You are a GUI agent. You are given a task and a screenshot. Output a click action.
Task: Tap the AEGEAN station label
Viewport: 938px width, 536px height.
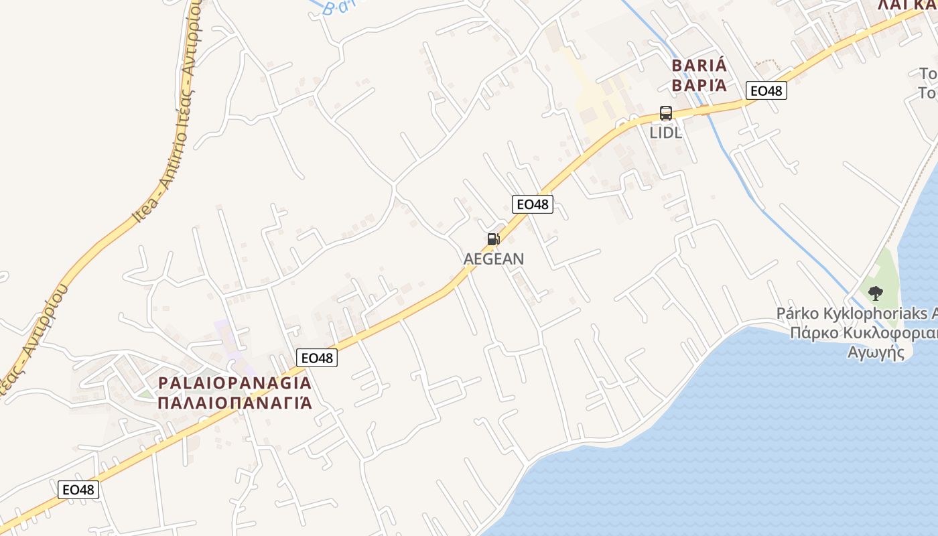click(494, 259)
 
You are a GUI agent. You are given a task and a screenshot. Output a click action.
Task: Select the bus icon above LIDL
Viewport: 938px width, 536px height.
click(665, 113)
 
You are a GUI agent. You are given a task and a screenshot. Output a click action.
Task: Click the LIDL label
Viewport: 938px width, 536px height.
click(665, 133)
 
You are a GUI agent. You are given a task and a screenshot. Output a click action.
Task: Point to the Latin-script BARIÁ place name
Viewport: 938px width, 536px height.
click(699, 66)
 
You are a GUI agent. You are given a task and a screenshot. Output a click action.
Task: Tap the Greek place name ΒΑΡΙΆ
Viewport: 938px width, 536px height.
click(699, 86)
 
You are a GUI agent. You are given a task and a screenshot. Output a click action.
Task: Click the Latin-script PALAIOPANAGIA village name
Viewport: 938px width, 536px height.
click(234, 383)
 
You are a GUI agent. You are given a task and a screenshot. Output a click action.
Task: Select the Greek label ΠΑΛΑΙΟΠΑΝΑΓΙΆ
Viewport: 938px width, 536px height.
click(234, 403)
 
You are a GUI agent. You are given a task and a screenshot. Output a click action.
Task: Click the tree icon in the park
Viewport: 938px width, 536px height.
click(875, 293)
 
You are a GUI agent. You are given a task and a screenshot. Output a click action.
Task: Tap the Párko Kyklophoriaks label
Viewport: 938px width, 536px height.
click(856, 313)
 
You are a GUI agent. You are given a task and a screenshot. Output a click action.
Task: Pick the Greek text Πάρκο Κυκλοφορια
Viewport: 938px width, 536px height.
click(863, 333)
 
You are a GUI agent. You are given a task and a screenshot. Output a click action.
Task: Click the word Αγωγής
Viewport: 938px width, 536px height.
click(876, 352)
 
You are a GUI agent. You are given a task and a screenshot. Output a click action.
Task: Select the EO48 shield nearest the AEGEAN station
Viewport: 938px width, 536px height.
click(533, 204)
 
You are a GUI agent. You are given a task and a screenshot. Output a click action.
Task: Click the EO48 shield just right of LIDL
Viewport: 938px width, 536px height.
click(766, 90)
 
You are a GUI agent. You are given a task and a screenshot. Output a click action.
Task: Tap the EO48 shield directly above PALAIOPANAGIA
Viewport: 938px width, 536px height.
click(317, 358)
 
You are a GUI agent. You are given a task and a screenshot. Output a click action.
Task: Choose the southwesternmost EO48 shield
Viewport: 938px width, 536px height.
click(79, 490)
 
